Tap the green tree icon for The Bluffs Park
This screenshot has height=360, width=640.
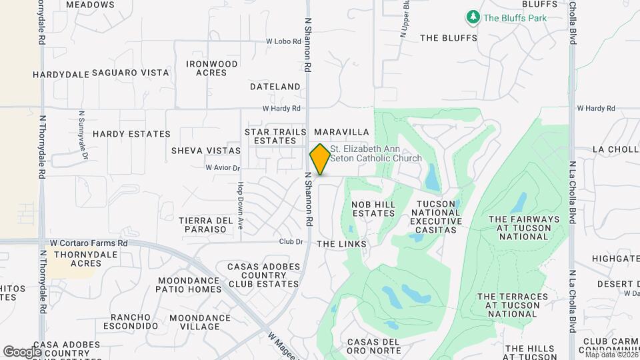[473, 17]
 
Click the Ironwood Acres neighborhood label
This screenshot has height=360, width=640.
[212, 68]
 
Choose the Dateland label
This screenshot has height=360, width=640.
[275, 87]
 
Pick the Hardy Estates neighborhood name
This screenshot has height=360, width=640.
[131, 134]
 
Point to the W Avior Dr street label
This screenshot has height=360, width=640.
[222, 167]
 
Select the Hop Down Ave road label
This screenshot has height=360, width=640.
[239, 207]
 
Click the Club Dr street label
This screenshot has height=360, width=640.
[291, 242]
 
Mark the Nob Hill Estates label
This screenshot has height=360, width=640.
[374, 209]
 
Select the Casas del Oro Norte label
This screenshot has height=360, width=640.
[373, 347]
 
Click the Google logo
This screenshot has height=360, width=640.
[22, 351]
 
